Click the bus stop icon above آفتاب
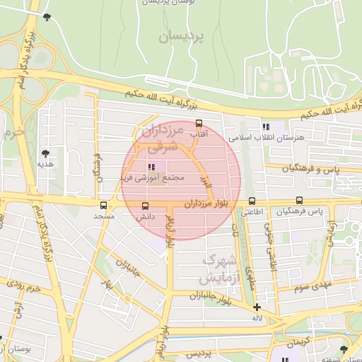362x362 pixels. [199, 123]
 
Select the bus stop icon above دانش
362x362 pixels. [145, 206]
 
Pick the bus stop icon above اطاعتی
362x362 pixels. [252, 202]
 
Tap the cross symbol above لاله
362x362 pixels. [256, 307]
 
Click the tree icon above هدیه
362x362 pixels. [46, 153]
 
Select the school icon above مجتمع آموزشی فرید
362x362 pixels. [150, 167]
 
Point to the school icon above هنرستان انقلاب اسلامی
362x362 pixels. [265, 127]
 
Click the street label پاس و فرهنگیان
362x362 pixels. [312, 169]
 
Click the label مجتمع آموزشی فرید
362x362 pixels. [153, 177]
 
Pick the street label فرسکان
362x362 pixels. [99, 167]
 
